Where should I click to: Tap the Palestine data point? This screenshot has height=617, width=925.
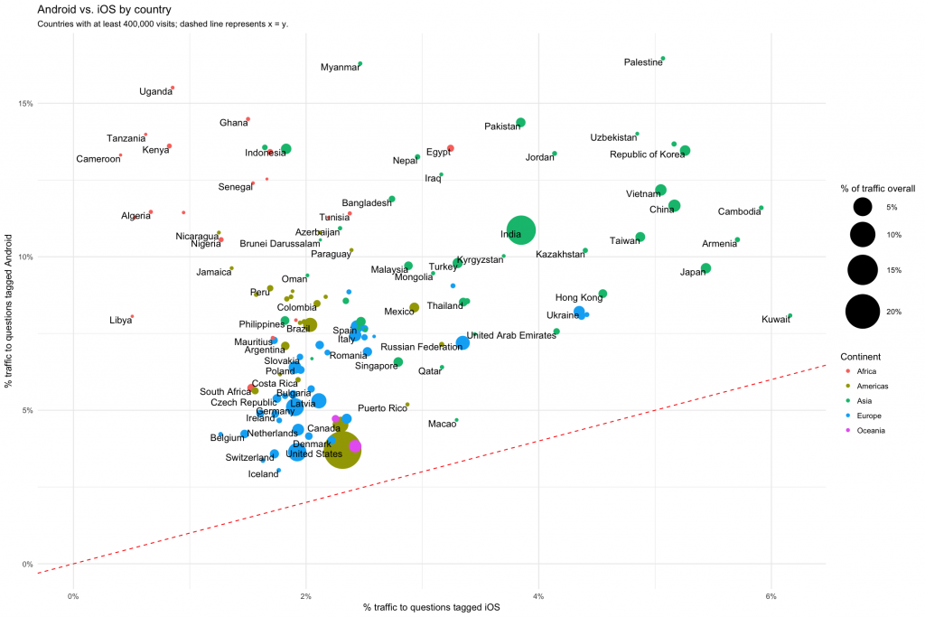pyautogui.click(x=662, y=59)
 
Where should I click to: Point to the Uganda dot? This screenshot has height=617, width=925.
pyautogui.click(x=173, y=88)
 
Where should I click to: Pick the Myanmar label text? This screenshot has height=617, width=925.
pyautogui.click(x=341, y=68)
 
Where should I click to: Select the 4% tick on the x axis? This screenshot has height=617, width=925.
pyautogui.click(x=538, y=595)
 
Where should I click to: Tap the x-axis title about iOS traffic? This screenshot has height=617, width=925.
pyautogui.click(x=431, y=608)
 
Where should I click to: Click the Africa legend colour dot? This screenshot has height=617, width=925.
pyautogui.click(x=847, y=371)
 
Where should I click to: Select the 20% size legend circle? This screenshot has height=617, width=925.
pyautogui.click(x=863, y=313)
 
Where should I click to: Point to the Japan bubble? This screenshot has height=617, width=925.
pyautogui.click(x=705, y=268)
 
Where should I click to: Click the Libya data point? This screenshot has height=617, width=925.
pyautogui.click(x=132, y=317)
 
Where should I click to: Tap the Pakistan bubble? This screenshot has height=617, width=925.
pyautogui.click(x=520, y=123)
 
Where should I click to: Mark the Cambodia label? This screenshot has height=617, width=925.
pyautogui.click(x=739, y=212)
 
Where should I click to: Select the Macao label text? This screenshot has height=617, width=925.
pyautogui.click(x=442, y=424)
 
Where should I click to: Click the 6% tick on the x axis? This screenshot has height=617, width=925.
pyautogui.click(x=771, y=595)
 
